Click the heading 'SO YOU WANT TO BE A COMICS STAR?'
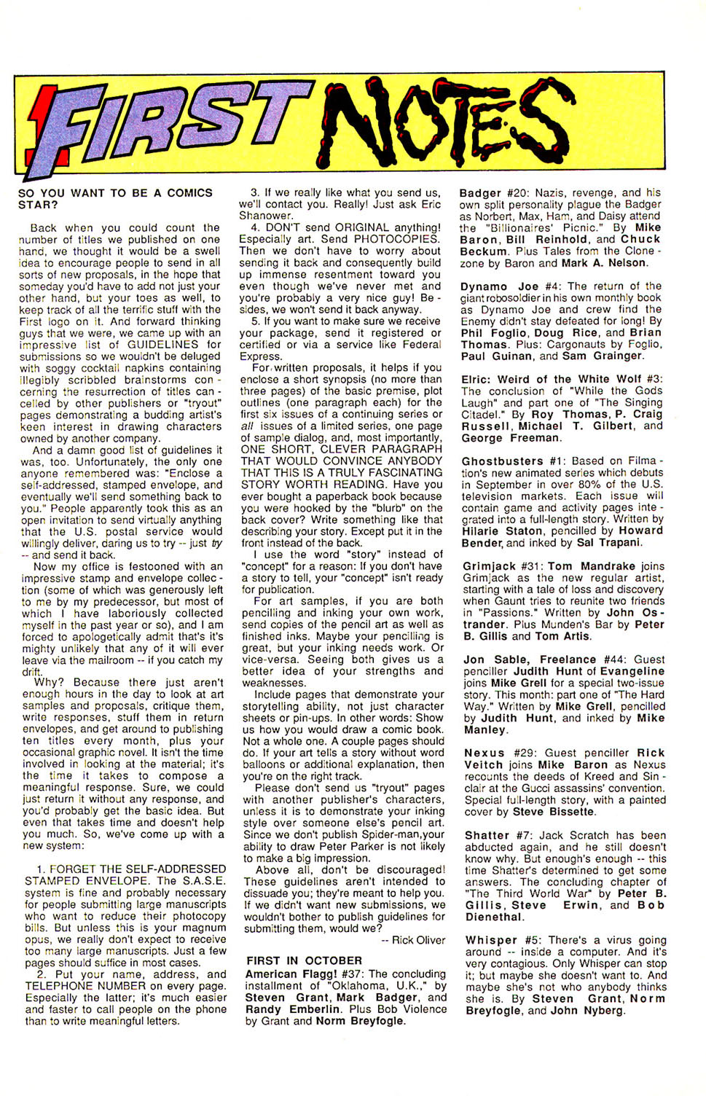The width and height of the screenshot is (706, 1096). click(115, 198)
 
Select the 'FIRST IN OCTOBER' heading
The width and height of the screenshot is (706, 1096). click(304, 961)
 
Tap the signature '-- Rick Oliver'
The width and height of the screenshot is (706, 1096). click(413, 940)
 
